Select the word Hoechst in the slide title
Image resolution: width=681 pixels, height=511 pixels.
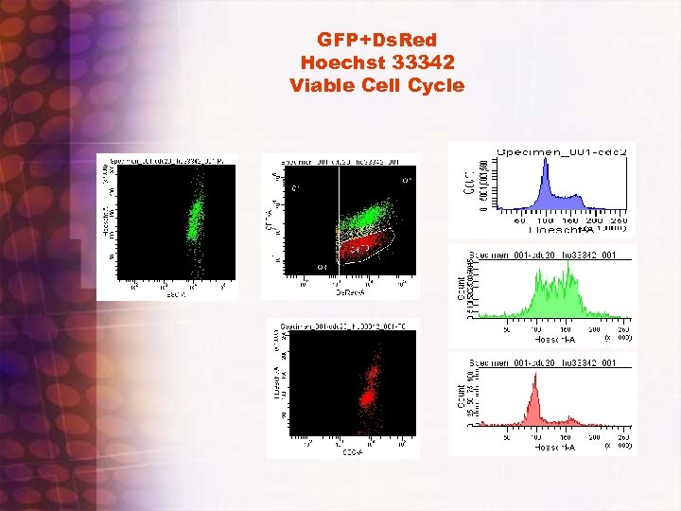coord(343,62)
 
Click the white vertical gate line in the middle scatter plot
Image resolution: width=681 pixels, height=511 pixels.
coord(338,218)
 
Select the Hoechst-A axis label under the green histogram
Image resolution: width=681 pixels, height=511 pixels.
coord(554,338)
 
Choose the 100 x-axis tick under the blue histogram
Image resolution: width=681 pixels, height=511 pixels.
coord(546,220)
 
